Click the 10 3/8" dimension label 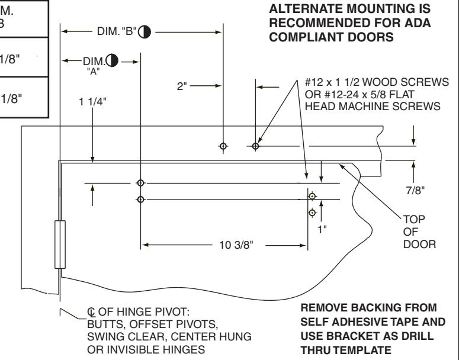coord(236,245)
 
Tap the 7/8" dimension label coord(415,191)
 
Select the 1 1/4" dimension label coord(92,102)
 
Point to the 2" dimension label coord(182,86)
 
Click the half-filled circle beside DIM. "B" coord(145,32)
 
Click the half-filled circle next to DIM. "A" coord(112,60)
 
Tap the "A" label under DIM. coord(94,72)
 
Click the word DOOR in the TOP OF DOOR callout coord(419,245)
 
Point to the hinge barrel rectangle coord(60,245)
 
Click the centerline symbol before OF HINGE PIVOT coord(91,312)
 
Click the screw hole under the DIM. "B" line coord(223,146)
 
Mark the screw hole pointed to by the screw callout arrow coord(255,146)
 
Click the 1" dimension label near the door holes coord(322,230)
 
